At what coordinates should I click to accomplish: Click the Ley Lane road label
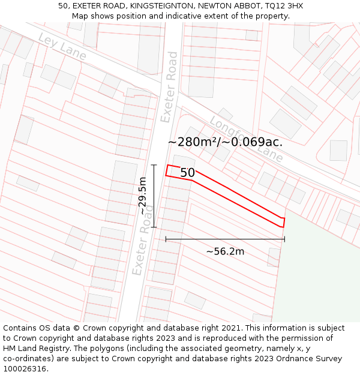click(x=62, y=46)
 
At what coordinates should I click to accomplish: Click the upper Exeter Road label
click(x=170, y=87)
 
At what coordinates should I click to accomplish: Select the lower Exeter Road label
click(x=143, y=240)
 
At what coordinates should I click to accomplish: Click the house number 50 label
click(x=187, y=173)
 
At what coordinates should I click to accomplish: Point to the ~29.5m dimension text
click(x=143, y=196)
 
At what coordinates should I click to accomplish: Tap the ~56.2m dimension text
click(x=225, y=251)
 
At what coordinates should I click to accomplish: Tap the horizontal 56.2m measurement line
click(x=225, y=239)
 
